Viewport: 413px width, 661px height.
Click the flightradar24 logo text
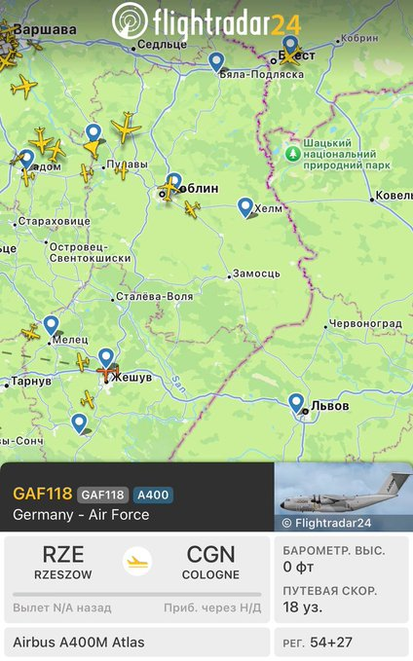[x=225, y=20]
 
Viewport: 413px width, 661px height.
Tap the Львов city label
[x=330, y=405]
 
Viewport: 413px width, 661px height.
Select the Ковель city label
[x=394, y=196]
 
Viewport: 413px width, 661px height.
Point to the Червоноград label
[x=365, y=323]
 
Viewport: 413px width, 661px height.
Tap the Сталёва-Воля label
[x=153, y=296]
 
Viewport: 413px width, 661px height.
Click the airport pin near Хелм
[x=245, y=206]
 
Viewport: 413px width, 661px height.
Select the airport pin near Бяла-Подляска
[x=216, y=61]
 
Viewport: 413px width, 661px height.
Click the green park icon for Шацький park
[x=293, y=154]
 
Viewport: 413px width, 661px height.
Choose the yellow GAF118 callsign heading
[x=41, y=495]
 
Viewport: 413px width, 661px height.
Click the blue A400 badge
[x=152, y=495]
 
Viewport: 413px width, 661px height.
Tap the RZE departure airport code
[x=62, y=555]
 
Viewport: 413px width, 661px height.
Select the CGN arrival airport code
[x=210, y=555]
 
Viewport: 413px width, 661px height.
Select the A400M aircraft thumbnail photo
[x=343, y=496]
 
